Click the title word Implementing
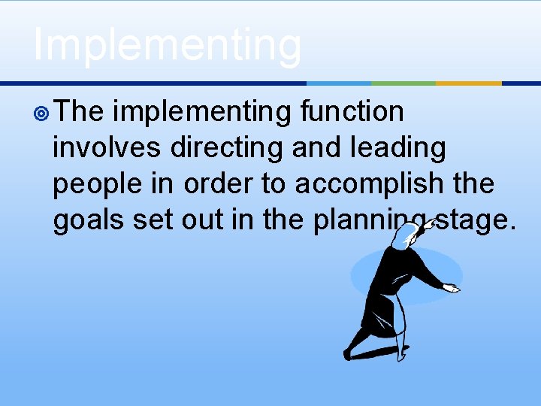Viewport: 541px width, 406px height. pyautogui.click(x=167, y=45)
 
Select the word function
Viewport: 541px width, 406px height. pyautogui.click(x=352, y=112)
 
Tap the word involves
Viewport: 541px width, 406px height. pyautogui.click(x=106, y=148)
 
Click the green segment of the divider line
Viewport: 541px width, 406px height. pyautogui.click(x=403, y=83)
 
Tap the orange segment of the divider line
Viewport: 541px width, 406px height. pyautogui.click(x=469, y=83)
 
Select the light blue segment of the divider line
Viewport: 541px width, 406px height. pyautogui.click(x=339, y=83)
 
